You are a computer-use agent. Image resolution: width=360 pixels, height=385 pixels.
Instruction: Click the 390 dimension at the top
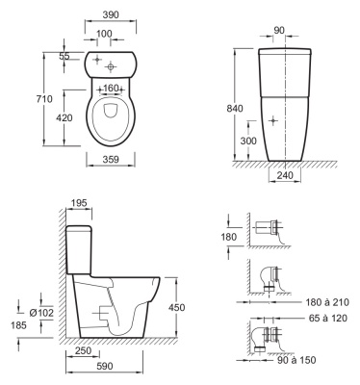(x=111, y=14)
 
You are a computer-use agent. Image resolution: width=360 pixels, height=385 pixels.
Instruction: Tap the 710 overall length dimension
(x=44, y=99)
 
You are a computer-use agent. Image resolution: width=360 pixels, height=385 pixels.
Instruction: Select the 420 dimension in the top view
(x=64, y=118)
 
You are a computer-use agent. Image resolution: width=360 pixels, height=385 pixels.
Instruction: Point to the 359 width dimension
(x=111, y=159)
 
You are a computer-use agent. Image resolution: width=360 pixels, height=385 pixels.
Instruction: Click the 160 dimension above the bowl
(x=111, y=88)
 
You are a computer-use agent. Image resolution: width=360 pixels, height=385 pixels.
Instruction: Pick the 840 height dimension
(x=235, y=109)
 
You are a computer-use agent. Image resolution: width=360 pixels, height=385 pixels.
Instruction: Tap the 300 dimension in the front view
(x=248, y=141)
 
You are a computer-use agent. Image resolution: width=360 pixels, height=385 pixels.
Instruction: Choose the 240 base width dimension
(x=285, y=175)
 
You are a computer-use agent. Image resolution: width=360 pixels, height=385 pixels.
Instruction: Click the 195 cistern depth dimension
(x=79, y=203)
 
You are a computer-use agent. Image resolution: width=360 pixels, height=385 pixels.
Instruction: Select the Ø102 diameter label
(x=41, y=313)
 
